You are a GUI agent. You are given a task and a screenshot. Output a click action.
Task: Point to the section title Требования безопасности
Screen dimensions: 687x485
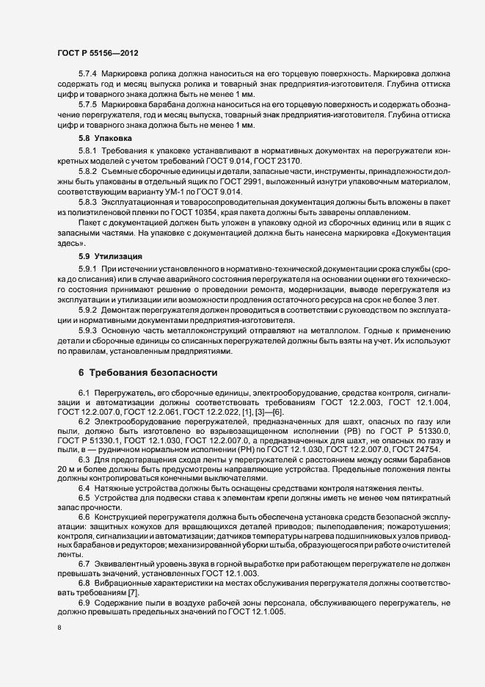click(x=153, y=372)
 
